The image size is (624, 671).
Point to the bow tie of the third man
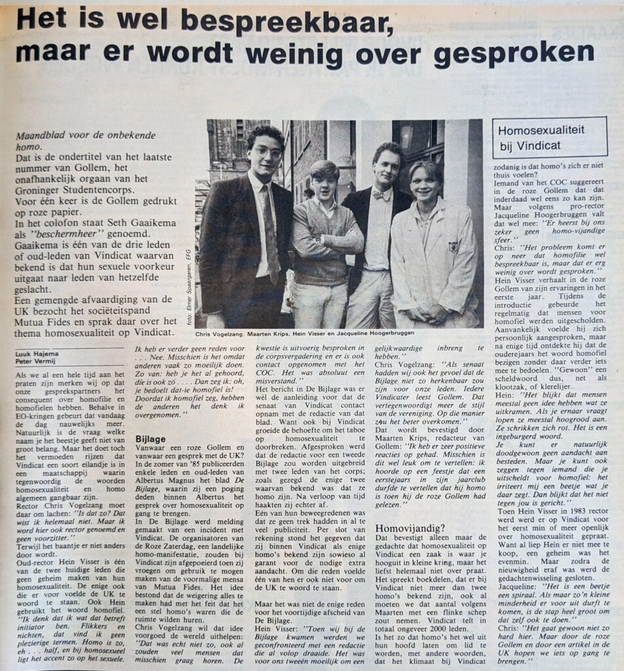tap(382, 195)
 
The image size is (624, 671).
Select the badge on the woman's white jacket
tap(452, 247)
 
